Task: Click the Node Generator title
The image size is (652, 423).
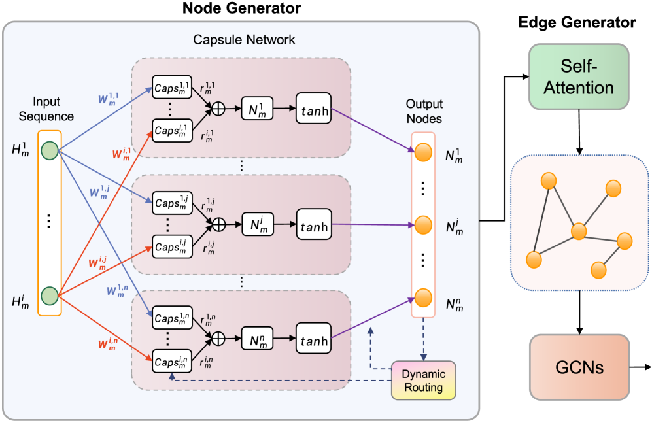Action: click(x=242, y=8)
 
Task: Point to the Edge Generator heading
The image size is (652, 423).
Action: click(x=577, y=23)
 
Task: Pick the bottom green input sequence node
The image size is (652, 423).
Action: click(x=50, y=295)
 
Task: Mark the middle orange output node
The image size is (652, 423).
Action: click(x=424, y=226)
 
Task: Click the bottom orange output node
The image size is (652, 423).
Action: click(x=424, y=298)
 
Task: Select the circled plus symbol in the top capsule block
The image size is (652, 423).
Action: click(x=218, y=109)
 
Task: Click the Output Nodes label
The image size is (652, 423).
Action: click(x=424, y=110)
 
